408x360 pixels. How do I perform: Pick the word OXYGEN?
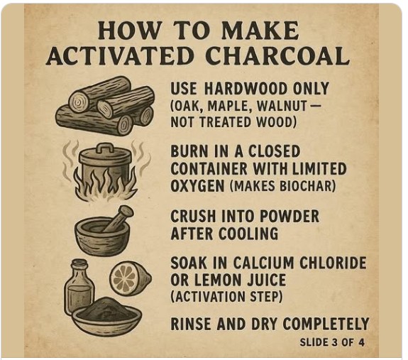click(197, 185)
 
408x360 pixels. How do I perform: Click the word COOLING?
click(248, 234)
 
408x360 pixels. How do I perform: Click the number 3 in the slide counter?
click(335, 342)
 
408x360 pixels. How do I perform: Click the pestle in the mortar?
click(118, 218)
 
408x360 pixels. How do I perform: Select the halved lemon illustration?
click(130, 278)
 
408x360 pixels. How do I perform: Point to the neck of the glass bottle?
click(79, 270)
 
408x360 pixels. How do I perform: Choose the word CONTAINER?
click(209, 168)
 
